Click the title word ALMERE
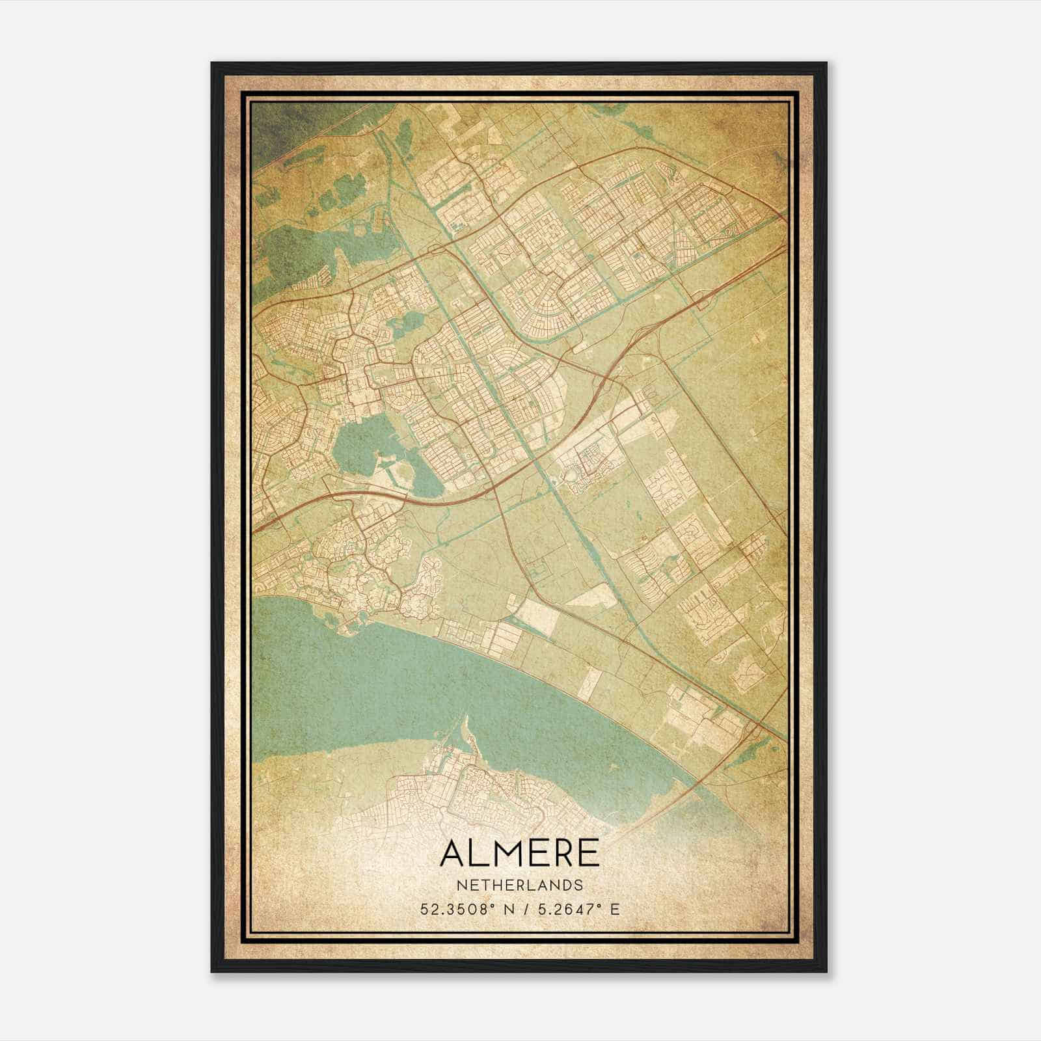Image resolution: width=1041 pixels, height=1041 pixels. pyautogui.click(x=520, y=853)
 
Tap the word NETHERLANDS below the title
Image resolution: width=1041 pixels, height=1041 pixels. pyautogui.click(x=520, y=886)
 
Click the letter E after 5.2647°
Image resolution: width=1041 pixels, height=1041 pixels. pyautogui.click(x=615, y=909)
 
